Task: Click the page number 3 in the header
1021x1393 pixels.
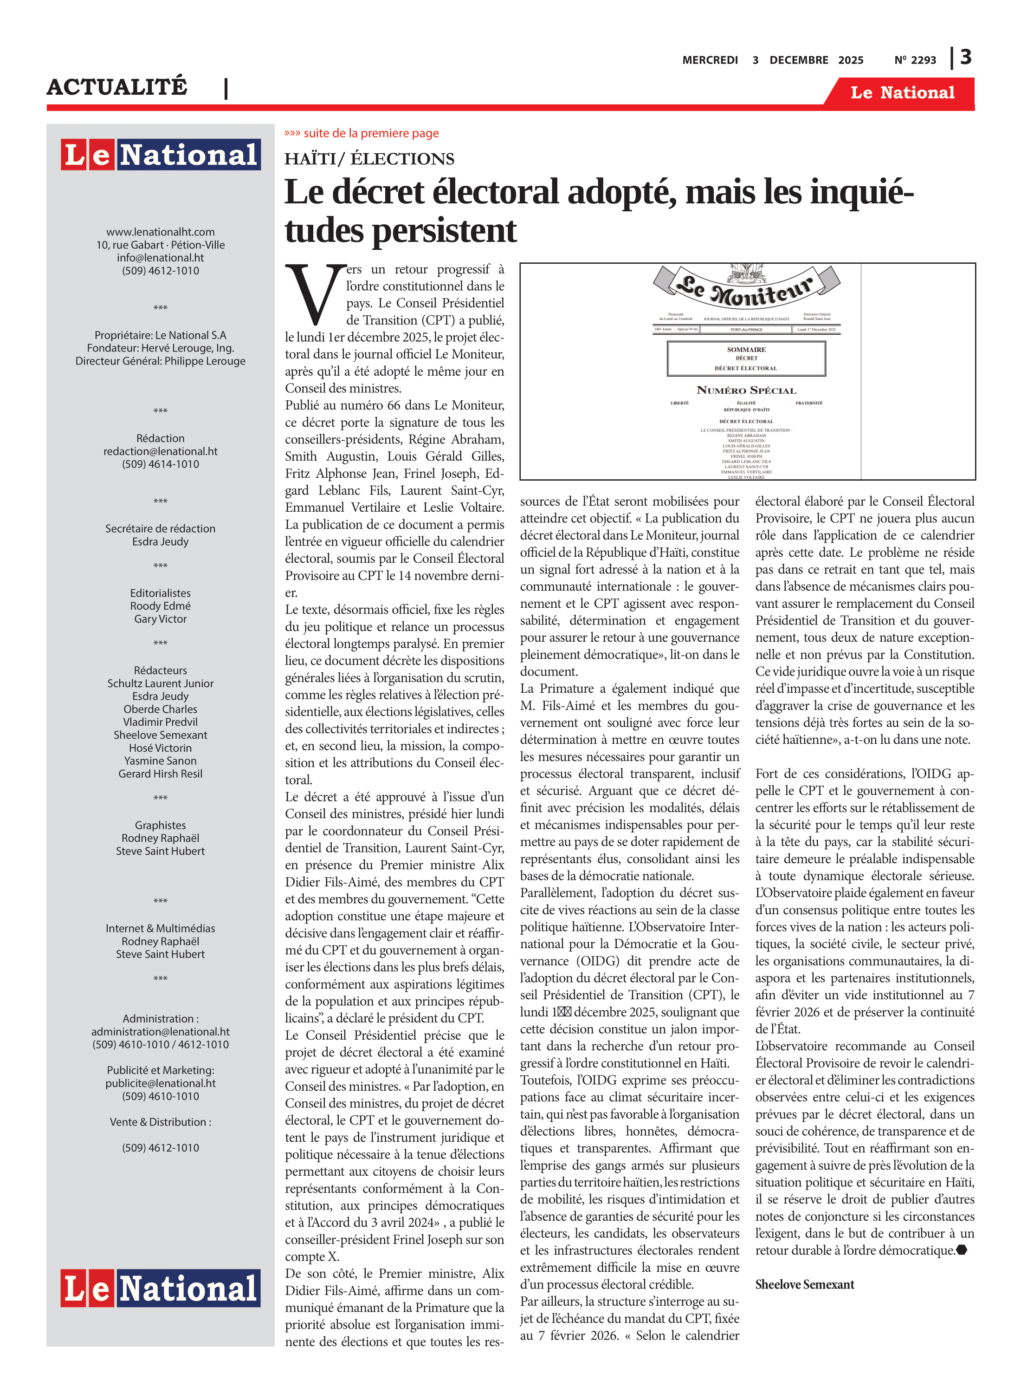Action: point(965,58)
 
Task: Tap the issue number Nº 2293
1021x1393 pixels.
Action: point(915,60)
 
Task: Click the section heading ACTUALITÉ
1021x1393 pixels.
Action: point(117,86)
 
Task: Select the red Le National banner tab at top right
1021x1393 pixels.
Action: point(902,93)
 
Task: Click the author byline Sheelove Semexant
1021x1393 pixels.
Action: point(804,1284)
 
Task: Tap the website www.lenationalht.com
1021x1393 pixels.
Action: point(160,232)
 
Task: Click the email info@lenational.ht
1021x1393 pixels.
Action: point(160,258)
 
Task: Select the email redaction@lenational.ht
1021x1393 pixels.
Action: point(160,451)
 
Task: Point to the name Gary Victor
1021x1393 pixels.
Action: point(160,619)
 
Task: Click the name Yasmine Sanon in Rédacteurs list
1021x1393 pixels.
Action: point(160,761)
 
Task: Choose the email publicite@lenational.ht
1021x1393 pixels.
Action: point(160,1083)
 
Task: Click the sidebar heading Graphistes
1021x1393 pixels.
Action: point(160,826)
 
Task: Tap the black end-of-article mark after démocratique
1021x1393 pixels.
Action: point(962,1250)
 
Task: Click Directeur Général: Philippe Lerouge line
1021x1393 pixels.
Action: point(160,361)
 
